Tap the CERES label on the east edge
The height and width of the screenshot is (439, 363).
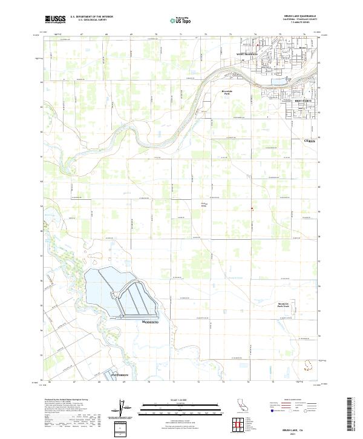tap(309, 140)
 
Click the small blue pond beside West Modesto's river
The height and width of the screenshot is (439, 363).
tap(277, 81)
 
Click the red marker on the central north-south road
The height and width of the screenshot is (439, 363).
tap(252, 210)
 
